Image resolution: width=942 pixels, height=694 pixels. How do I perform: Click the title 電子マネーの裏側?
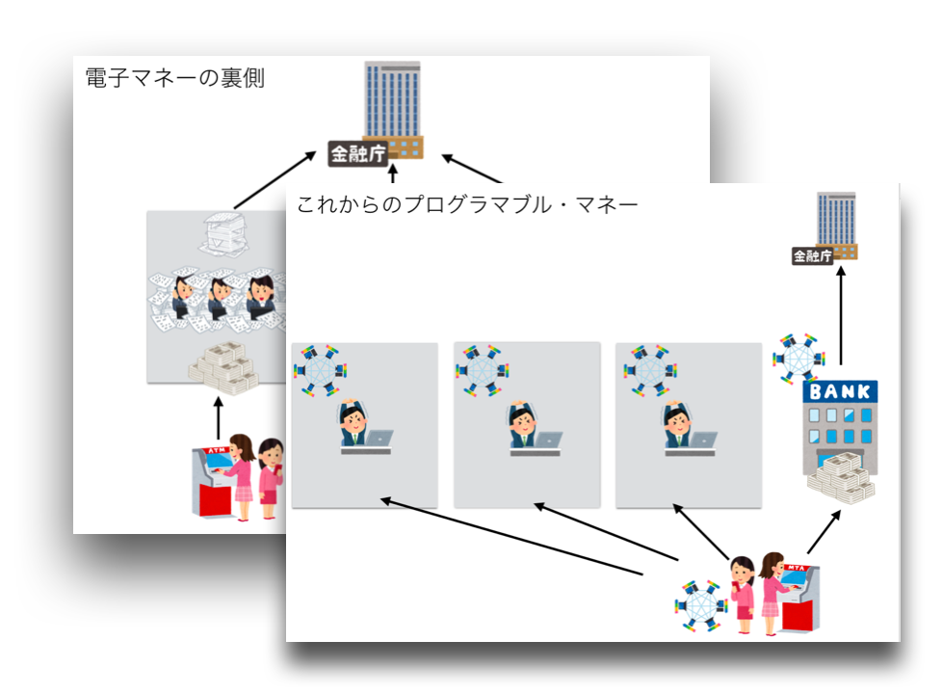click(x=174, y=79)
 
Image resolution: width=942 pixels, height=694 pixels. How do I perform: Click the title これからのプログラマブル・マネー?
click(x=467, y=204)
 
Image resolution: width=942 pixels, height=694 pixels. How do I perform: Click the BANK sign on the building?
click(x=841, y=392)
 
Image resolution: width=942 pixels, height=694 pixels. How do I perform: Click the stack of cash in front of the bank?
click(x=840, y=476)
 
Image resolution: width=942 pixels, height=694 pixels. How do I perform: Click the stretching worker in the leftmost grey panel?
click(x=353, y=425)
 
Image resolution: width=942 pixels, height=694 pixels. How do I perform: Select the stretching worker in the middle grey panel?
click(x=522, y=425)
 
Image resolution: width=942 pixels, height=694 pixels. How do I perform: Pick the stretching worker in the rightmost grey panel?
click(x=679, y=425)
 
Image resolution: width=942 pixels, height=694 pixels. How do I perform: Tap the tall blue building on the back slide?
click(x=392, y=100)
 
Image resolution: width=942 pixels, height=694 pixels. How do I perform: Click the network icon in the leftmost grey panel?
click(x=320, y=368)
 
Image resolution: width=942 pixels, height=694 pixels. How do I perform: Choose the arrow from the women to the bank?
click(x=824, y=531)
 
